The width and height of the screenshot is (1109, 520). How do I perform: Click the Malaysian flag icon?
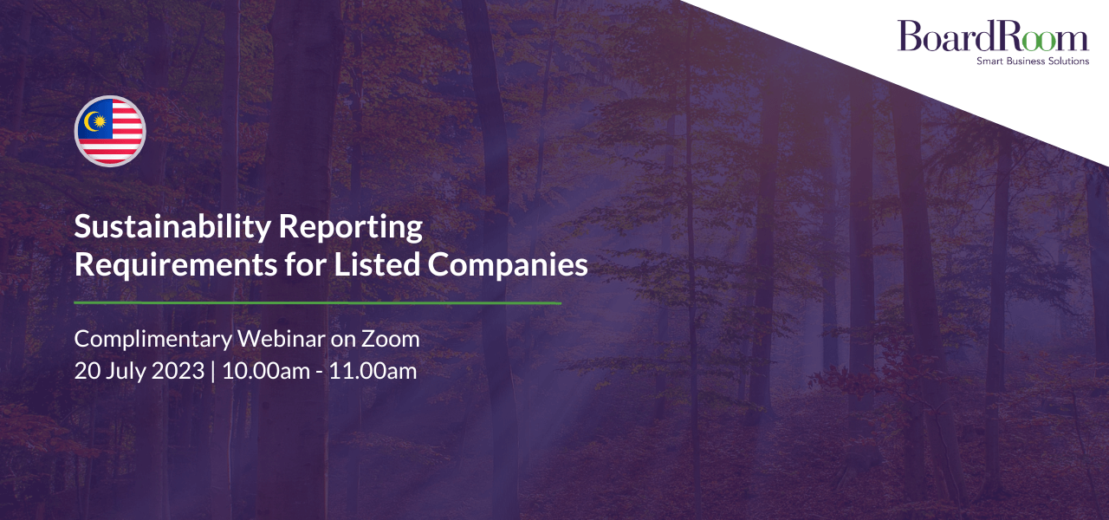pos(110,131)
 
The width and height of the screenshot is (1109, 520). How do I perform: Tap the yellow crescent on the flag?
pos(90,121)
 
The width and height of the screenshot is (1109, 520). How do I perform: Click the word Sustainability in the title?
pos(172,228)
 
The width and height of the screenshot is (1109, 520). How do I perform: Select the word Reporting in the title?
pos(351,228)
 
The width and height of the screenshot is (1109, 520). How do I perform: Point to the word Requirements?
pos(176,264)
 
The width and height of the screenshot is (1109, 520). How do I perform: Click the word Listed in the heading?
pos(377,264)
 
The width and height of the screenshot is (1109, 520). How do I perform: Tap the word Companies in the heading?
pos(508,266)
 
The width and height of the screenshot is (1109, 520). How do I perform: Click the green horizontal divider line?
pos(317,302)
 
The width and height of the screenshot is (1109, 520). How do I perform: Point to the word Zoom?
pos(390,339)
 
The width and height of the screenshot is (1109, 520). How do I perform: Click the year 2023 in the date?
pos(178,371)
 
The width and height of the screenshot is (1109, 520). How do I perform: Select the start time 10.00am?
pos(266,371)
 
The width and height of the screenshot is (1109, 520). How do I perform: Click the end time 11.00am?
pos(373,371)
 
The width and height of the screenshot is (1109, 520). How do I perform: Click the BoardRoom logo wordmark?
pos(993,36)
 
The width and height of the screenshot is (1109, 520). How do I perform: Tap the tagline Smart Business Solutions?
pos(1033,61)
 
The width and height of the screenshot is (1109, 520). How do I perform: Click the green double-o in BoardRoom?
pos(1038,40)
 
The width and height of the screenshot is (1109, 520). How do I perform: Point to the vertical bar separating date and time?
pos(213,372)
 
